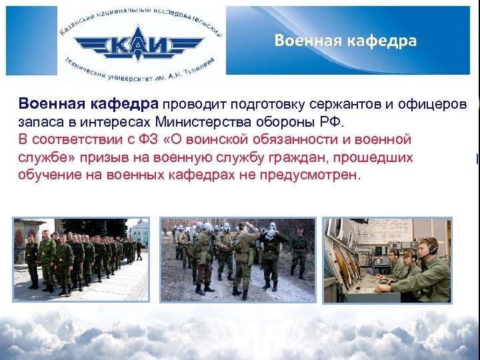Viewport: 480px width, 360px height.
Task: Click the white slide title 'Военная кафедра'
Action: [x=345, y=41]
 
